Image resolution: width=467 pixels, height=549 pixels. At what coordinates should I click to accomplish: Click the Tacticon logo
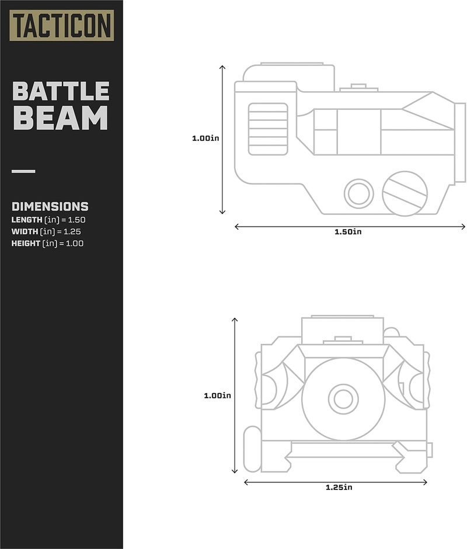(x=62, y=25)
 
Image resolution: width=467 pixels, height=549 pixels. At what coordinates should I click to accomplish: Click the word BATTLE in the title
(x=61, y=91)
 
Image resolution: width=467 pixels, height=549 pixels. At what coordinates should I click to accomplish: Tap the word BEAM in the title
(x=60, y=118)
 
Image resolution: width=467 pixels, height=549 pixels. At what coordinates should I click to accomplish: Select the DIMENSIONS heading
(x=50, y=207)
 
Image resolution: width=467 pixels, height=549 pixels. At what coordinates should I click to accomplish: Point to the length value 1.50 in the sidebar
(x=76, y=220)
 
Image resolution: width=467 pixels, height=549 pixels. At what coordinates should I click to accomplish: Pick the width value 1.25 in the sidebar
(x=72, y=232)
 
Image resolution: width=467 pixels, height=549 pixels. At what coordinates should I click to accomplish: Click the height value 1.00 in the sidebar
(x=75, y=244)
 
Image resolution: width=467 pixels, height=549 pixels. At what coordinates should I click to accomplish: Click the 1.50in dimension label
(x=348, y=232)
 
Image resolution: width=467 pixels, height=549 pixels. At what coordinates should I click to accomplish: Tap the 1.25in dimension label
(x=339, y=487)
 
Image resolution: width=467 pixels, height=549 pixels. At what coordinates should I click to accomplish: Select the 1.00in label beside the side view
(x=205, y=138)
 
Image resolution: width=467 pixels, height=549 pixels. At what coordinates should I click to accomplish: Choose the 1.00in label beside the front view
(x=217, y=395)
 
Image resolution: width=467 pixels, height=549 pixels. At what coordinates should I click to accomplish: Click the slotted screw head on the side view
(x=405, y=193)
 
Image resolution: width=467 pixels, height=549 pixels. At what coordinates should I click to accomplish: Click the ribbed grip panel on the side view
(x=268, y=129)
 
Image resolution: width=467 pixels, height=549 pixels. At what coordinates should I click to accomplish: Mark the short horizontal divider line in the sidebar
(x=23, y=171)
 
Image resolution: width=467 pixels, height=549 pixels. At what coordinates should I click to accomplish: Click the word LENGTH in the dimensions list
(x=27, y=220)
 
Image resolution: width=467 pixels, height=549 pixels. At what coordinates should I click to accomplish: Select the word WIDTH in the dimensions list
(x=25, y=232)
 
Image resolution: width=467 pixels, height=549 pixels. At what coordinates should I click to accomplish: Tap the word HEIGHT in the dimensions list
(x=26, y=244)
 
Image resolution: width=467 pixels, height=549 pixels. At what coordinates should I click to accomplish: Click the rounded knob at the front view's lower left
(x=252, y=449)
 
